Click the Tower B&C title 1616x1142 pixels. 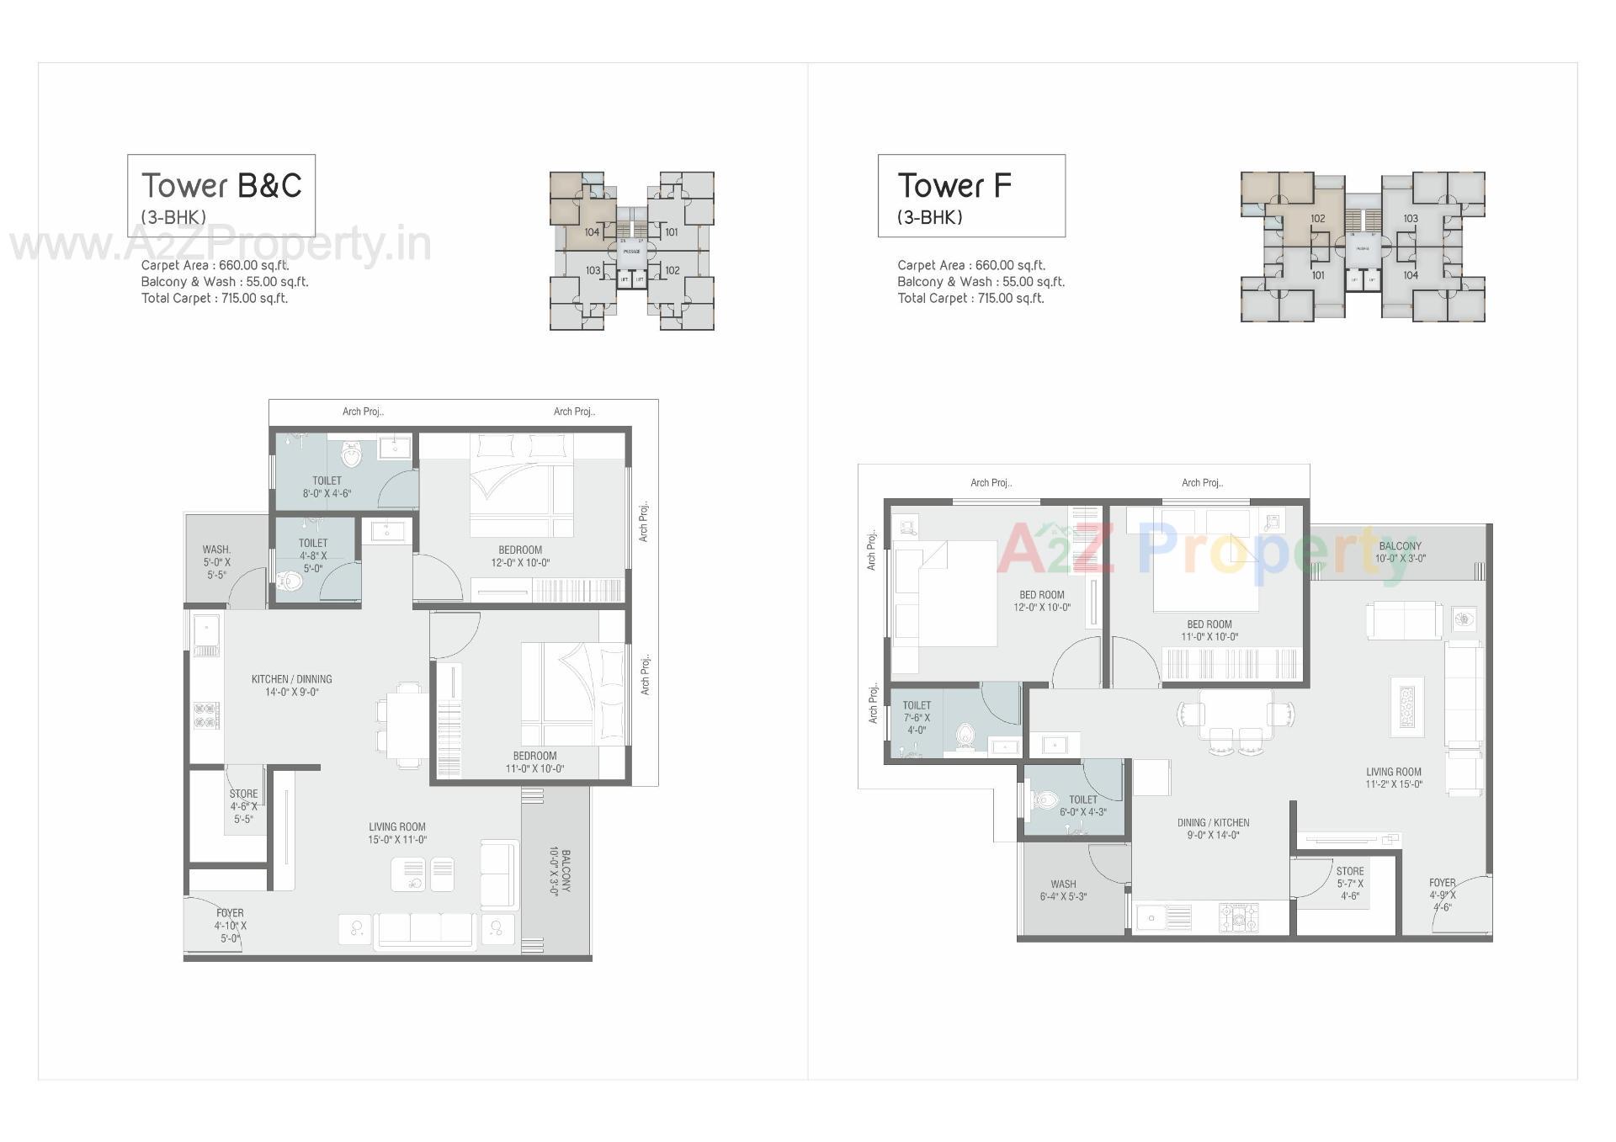click(221, 186)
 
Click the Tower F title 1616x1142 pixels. click(954, 186)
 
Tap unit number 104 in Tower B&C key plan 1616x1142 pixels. click(592, 232)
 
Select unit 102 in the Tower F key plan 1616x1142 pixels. click(1317, 219)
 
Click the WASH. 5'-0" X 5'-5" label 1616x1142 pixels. click(216, 562)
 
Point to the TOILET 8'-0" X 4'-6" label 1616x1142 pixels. click(327, 487)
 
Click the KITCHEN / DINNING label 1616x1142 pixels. click(292, 685)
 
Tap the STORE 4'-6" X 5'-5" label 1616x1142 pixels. click(243, 806)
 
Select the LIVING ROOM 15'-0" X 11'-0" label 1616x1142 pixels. click(397, 833)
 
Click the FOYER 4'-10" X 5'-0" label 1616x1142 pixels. click(230, 925)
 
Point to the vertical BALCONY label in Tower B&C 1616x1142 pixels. click(560, 874)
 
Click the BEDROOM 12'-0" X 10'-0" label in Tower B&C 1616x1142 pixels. click(520, 556)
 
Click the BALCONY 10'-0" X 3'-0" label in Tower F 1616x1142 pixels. click(1400, 552)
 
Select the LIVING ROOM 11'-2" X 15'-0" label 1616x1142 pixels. click(1394, 778)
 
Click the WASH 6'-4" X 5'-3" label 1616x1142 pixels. click(1063, 890)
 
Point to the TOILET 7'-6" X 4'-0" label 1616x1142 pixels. click(917, 718)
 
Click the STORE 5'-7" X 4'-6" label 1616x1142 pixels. click(1349, 884)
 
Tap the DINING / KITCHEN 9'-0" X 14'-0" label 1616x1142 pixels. click(1213, 829)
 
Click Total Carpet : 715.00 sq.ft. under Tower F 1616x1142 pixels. click(970, 298)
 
